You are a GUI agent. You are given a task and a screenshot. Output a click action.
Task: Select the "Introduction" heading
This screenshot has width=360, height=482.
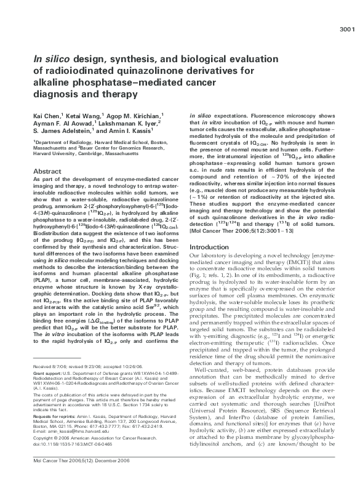(x=210, y=230)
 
